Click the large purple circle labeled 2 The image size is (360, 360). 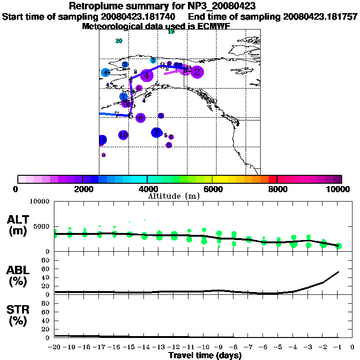[x=197, y=72]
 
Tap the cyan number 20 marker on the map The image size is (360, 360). [x=119, y=41]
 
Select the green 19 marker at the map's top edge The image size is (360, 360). [x=171, y=31]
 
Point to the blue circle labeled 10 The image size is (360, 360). [x=123, y=135]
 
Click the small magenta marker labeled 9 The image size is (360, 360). [x=104, y=155]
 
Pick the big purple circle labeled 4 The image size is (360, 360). [x=147, y=75]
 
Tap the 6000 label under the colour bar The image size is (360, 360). [x=212, y=189]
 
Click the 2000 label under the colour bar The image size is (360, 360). [x=82, y=189]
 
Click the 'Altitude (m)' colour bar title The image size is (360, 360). [x=173, y=196]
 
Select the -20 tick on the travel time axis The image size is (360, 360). [x=54, y=347]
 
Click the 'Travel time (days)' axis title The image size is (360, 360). [x=205, y=355]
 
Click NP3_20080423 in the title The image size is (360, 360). [x=220, y=6]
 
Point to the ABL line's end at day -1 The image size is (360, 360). [x=338, y=271]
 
